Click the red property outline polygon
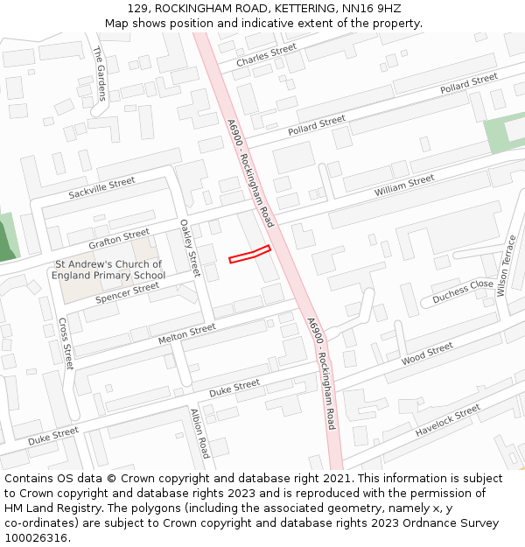(249, 255)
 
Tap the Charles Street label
(266, 55)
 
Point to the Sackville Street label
(101, 187)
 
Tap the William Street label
(404, 186)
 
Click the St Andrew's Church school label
(108, 270)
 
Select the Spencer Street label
(127, 292)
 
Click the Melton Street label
(186, 333)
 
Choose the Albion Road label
(200, 433)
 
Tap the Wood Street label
(427, 354)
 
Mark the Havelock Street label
(448, 420)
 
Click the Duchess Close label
(463, 291)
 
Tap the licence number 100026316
(38, 538)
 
